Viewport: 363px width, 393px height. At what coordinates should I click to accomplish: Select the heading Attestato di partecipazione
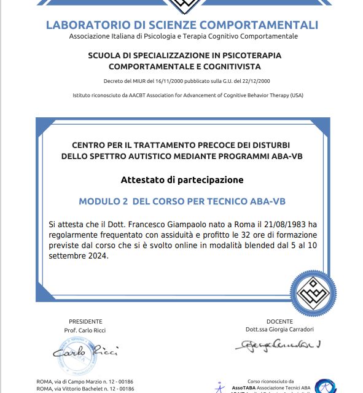coord(181,180)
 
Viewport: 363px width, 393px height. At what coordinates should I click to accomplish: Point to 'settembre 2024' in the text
coord(78,256)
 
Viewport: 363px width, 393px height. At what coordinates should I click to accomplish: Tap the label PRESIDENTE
coord(85,321)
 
